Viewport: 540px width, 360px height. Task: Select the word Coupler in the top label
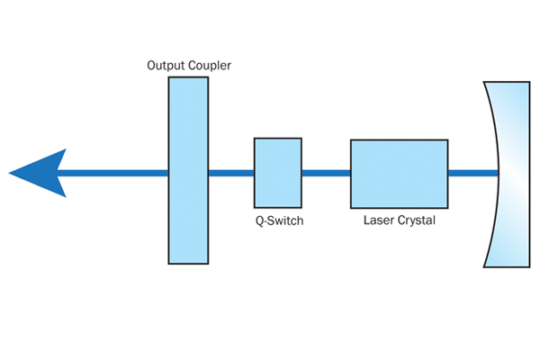pos(207,66)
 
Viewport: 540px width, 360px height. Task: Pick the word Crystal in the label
pos(416,219)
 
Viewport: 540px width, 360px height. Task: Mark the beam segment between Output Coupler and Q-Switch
pos(231,172)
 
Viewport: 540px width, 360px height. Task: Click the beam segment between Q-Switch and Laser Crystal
pos(326,172)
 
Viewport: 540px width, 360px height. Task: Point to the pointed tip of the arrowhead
pos(10,172)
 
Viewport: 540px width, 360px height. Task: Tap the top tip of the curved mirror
pos(487,81)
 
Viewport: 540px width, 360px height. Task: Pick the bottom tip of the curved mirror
pos(487,265)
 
